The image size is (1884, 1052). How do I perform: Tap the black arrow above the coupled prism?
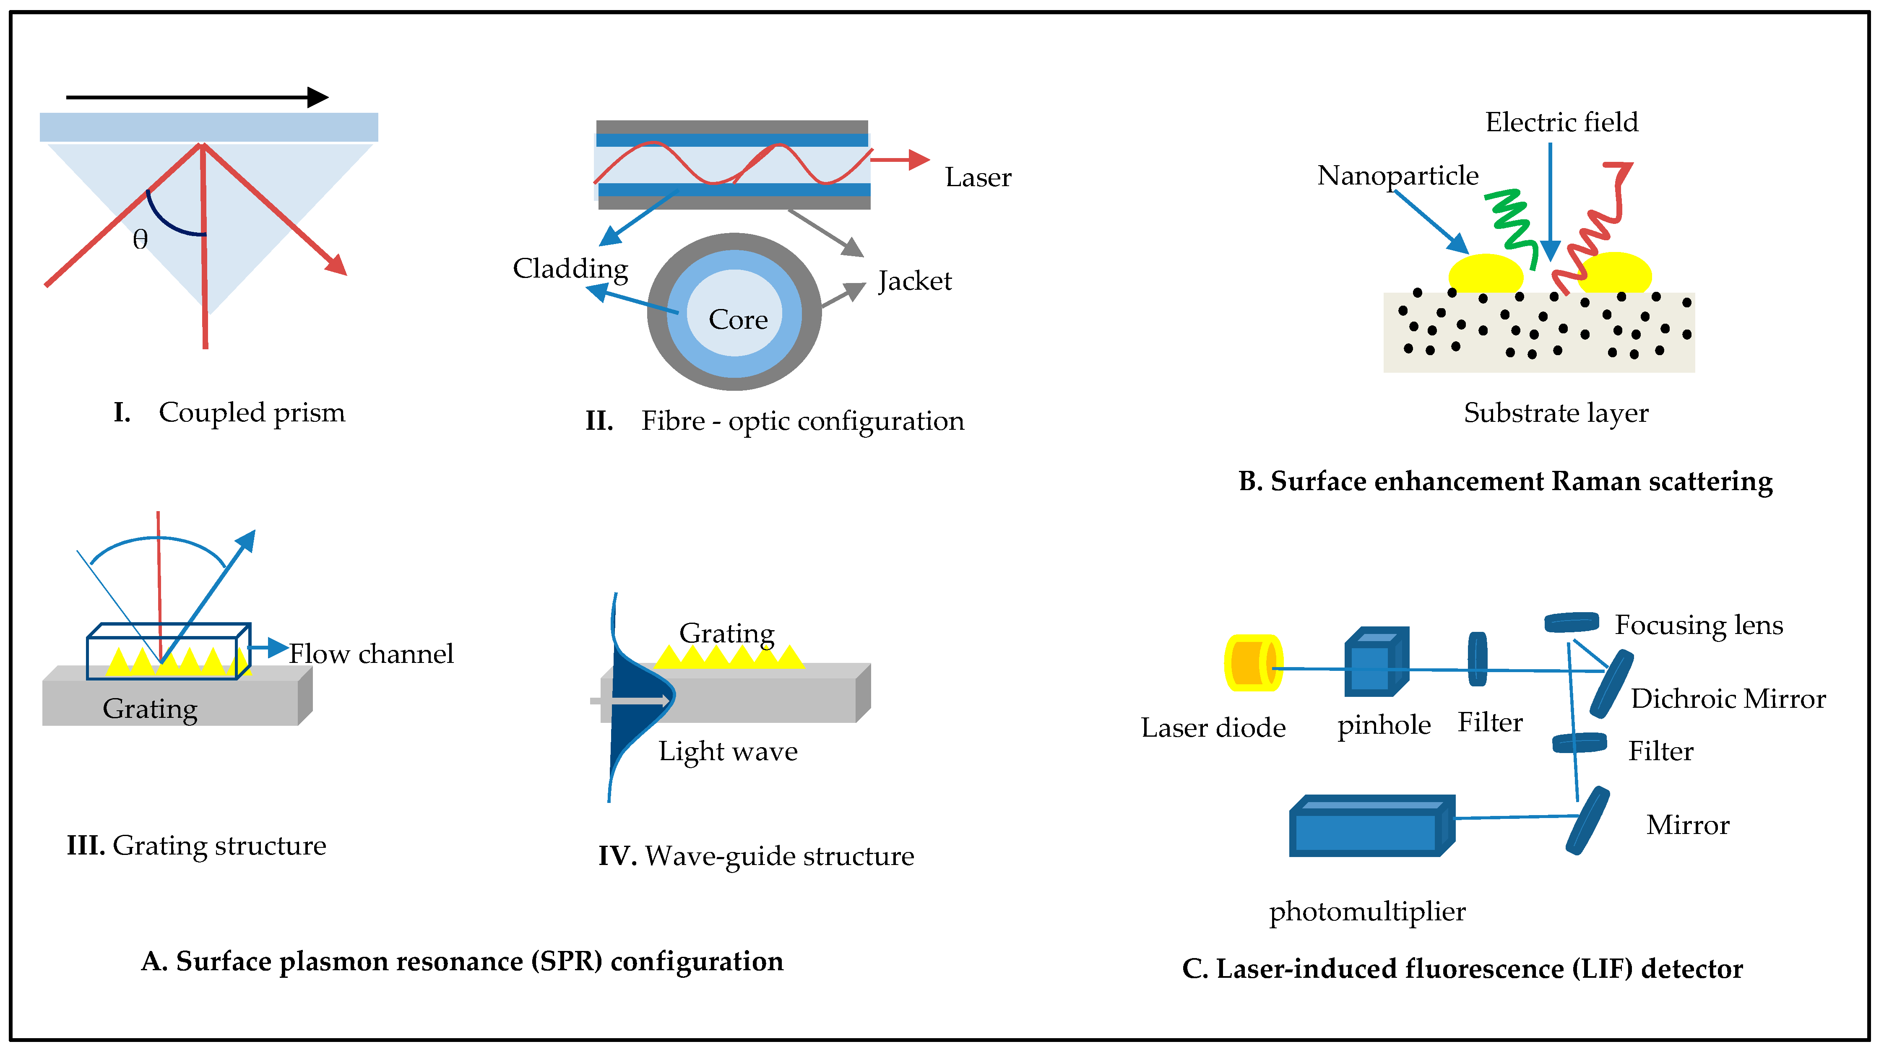[198, 96]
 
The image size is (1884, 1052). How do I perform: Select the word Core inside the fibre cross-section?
[738, 319]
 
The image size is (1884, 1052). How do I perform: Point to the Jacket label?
[915, 281]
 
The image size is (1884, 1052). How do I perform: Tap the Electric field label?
[1561, 122]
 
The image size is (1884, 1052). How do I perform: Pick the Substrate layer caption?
[1556, 413]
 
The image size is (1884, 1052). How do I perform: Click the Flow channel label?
[371, 654]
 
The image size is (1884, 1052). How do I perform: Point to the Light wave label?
[728, 751]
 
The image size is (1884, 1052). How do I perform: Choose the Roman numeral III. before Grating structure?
[86, 846]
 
